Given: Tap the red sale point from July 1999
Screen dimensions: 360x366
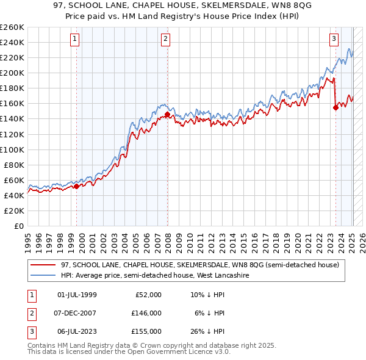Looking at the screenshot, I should (76, 186).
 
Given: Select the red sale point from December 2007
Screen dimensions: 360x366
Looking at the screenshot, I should (167, 114).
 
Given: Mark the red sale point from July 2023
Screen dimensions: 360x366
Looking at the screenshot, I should (335, 107).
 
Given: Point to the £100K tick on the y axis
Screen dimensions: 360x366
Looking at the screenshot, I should (13, 149).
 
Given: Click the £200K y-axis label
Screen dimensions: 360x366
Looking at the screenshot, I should (13, 73).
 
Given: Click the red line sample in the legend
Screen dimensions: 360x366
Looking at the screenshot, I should (43, 265).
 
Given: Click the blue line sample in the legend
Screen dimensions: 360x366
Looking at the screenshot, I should (43, 275).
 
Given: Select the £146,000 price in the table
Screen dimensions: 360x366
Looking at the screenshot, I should (147, 313).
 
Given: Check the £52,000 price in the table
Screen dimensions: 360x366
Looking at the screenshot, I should (149, 295).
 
